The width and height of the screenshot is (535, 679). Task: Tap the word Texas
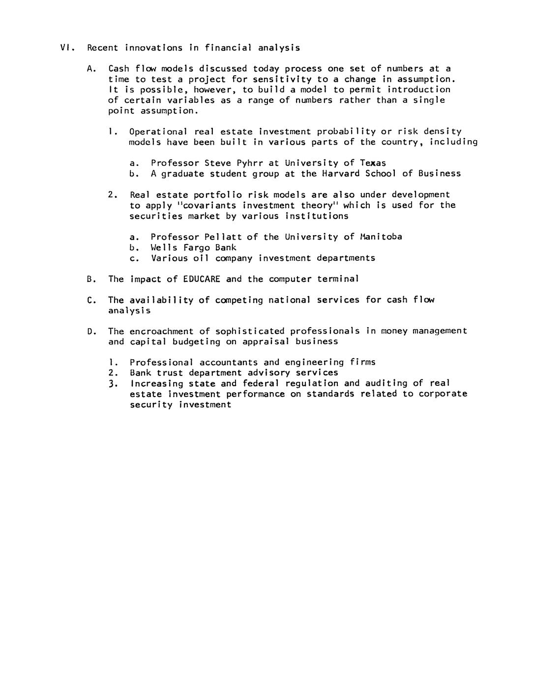point(373,163)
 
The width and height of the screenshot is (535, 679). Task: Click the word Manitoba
point(381,237)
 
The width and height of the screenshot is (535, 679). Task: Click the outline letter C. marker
point(91,300)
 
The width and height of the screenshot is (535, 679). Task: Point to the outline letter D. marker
point(91,331)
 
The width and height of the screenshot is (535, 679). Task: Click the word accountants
point(228,362)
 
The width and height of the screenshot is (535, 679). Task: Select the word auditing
point(386,383)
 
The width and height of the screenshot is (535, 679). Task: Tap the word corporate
point(443,394)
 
